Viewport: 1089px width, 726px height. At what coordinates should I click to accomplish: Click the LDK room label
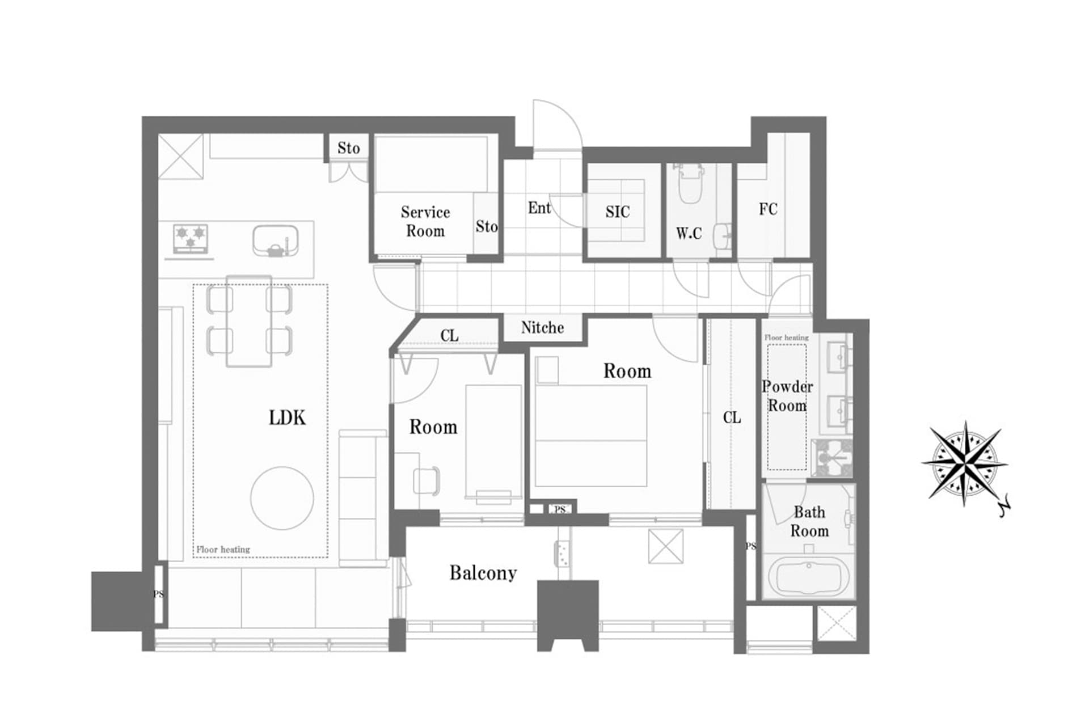pos(287,417)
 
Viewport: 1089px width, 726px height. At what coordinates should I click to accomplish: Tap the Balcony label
pos(483,573)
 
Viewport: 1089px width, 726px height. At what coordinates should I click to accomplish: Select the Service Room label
pos(425,221)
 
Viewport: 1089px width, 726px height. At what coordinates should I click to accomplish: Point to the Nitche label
pos(542,327)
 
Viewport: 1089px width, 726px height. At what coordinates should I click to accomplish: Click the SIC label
pos(617,212)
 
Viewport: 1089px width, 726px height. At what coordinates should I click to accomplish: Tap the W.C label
pos(689,233)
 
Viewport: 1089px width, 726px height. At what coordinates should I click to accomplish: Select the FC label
pos(768,209)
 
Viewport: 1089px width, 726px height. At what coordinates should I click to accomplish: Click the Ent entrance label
pos(539,208)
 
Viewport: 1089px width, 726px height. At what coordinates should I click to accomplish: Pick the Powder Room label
pos(787,396)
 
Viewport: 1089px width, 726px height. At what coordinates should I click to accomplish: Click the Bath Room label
pos(809,521)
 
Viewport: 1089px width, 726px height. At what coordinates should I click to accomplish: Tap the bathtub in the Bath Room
pos(808,575)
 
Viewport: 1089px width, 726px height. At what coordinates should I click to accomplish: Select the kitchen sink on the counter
pos(275,241)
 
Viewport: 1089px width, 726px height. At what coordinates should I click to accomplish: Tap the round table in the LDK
pos(282,498)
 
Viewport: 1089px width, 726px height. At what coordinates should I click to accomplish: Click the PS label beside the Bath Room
pos(750,546)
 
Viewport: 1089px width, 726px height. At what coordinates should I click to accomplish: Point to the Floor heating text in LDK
pos(223,549)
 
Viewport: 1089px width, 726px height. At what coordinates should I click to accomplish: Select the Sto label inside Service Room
pos(486,226)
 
